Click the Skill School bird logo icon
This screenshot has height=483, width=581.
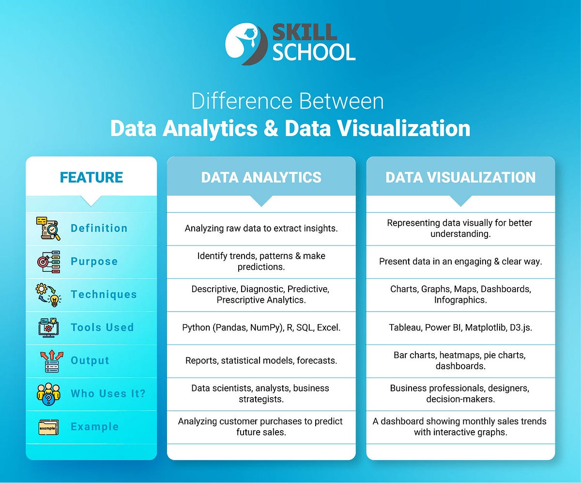point(246,45)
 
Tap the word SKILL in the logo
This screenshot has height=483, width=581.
point(305,32)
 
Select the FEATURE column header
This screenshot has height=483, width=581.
point(92,177)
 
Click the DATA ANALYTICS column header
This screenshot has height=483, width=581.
point(261,177)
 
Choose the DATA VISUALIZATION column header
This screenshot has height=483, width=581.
point(460,177)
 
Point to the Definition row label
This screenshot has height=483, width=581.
point(99,228)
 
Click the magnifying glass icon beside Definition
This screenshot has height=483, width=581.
point(48,229)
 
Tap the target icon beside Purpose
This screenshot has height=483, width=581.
point(48,262)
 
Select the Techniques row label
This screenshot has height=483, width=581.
point(104,295)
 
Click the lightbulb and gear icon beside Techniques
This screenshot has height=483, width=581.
point(48,295)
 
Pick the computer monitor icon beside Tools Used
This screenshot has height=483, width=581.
point(48,327)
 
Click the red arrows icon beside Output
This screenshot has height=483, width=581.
point(48,361)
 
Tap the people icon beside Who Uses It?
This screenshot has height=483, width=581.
point(48,393)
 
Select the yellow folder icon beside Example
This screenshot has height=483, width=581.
point(48,427)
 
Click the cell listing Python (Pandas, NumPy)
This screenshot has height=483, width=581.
point(261,327)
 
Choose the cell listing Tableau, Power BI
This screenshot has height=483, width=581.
point(460,327)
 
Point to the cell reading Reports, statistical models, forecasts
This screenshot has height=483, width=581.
point(261,360)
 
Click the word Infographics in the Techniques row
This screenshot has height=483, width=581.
point(460,300)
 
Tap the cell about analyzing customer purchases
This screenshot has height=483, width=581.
point(261,426)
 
